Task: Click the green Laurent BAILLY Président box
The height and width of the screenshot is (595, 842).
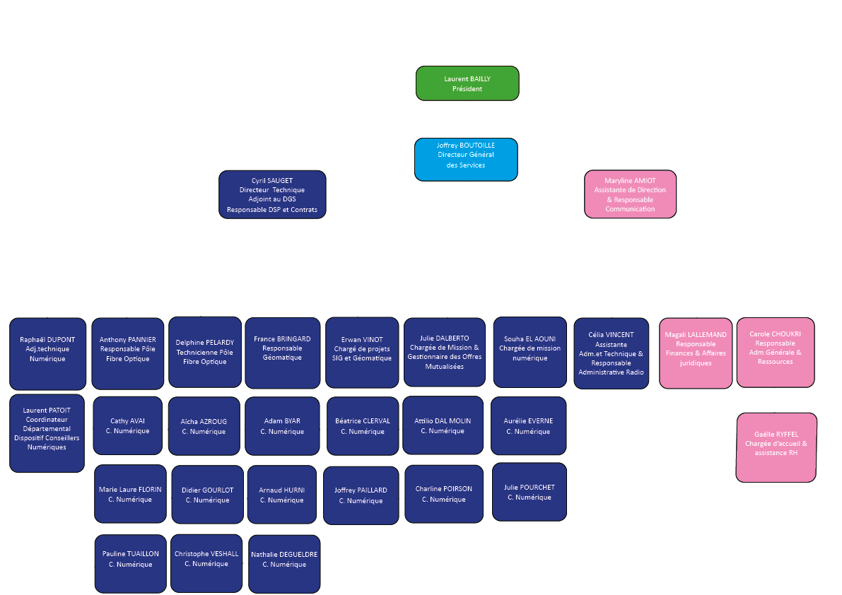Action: point(467,83)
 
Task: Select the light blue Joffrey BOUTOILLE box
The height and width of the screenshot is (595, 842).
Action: point(466,159)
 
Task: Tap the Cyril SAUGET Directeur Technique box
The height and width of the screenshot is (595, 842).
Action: point(272,194)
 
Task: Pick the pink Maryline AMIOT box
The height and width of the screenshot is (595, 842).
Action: point(630,194)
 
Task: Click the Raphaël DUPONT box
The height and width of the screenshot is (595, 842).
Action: point(47,353)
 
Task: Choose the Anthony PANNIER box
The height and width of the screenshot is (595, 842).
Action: point(127,353)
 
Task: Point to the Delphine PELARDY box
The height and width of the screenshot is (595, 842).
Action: point(205,352)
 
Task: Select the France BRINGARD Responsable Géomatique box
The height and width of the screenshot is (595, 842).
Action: point(282,352)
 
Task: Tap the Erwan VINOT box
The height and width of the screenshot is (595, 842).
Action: point(362,352)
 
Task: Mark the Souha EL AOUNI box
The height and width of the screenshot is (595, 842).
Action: point(530,352)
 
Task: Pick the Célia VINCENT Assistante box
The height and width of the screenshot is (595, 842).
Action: point(611,353)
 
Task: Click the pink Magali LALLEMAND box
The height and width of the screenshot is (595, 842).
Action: point(696,353)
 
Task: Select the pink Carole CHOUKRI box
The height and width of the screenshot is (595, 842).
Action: point(775,352)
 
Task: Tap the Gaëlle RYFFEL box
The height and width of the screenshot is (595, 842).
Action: point(776,447)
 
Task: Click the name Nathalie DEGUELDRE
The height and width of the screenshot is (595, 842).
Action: point(284,555)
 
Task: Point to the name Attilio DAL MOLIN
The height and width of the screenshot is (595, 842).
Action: point(443,421)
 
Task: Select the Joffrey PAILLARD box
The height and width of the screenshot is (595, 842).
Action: point(361,495)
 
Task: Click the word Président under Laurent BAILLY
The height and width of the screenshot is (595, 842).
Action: point(467,89)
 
